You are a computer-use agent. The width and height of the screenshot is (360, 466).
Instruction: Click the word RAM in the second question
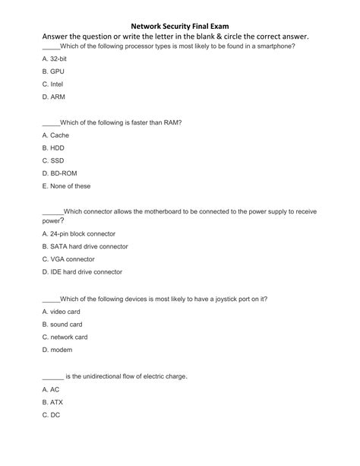coord(169,122)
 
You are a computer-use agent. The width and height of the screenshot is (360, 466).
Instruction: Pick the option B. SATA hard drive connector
coord(85,246)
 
